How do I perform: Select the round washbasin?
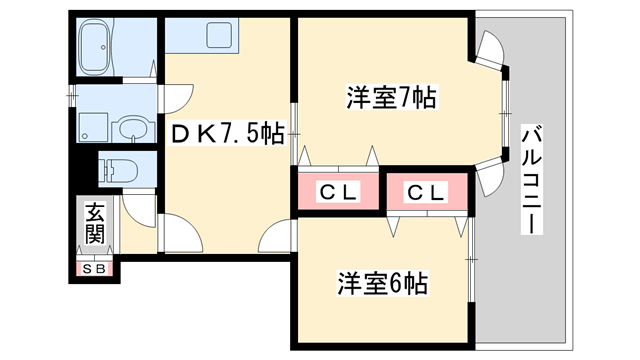point(130,127)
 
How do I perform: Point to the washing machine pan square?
point(93,127)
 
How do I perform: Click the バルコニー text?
point(532,178)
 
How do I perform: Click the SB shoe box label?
point(96,268)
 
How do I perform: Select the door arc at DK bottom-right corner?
point(274,239)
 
